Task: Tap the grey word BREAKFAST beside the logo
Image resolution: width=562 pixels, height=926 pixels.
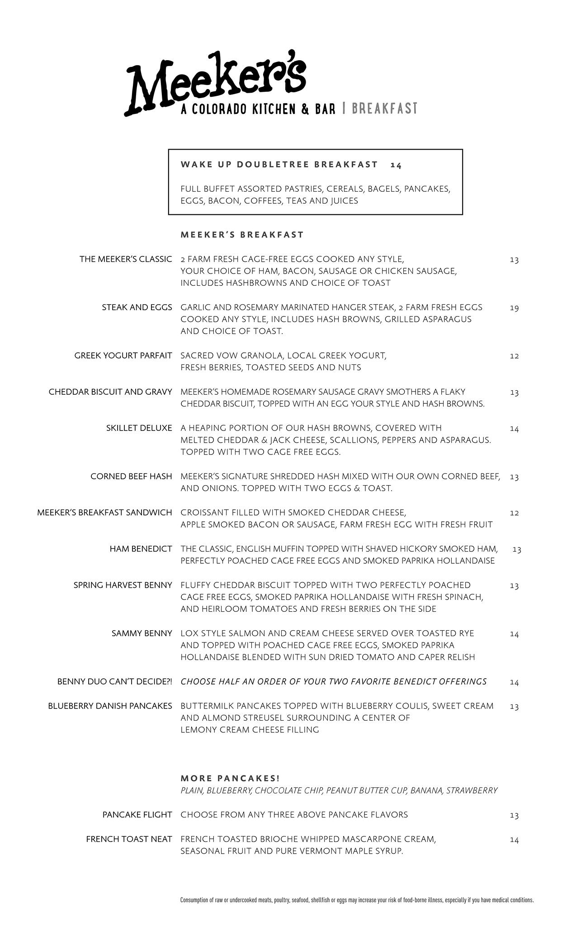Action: pos(384,109)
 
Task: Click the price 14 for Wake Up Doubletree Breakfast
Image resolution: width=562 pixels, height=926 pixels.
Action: pos(396,165)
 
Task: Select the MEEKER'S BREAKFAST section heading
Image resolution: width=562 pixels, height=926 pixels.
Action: pos(242,235)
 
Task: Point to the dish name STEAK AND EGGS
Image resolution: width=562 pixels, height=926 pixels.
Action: pos(137,307)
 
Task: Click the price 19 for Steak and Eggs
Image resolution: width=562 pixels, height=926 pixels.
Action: pos(514,308)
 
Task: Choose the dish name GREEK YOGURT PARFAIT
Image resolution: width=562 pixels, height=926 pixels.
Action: pos(123,356)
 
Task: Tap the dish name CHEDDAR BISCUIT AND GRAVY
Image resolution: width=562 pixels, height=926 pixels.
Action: pos(110,392)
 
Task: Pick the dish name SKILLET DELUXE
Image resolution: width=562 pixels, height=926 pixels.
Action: pos(139,428)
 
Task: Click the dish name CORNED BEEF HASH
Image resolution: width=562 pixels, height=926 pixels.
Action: pos(131,477)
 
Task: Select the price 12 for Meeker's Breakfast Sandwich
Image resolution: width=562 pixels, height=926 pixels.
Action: pos(514,513)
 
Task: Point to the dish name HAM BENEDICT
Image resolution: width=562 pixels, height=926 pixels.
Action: pos(141,549)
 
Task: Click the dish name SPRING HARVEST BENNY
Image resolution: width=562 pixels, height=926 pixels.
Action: pos(123,586)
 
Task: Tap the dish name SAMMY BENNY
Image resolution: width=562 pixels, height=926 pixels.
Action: pos(142,633)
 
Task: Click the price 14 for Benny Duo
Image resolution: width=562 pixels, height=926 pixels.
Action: pos(514,682)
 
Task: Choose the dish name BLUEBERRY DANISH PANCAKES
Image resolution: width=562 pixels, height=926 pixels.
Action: pos(110,706)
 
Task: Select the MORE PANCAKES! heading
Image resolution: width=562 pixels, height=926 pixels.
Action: pos(230,779)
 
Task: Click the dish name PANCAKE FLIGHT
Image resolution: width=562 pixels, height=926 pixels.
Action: pos(137,815)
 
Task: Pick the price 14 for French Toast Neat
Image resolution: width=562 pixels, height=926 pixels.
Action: pos(514,840)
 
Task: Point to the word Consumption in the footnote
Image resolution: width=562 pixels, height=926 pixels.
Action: pos(193,900)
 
